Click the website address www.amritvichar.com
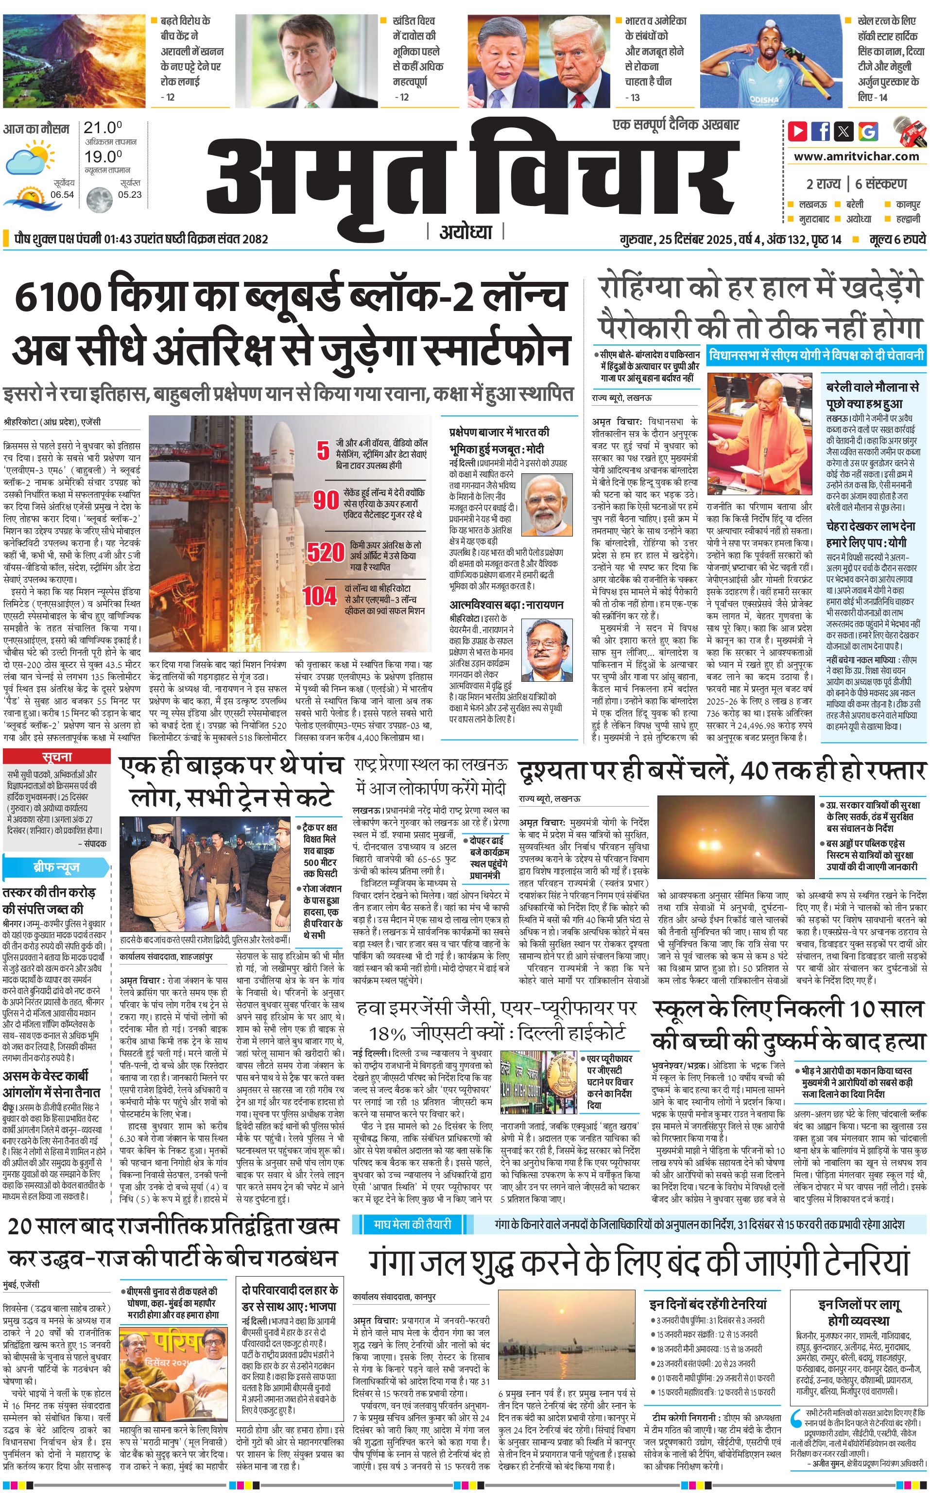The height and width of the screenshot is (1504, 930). pos(856,156)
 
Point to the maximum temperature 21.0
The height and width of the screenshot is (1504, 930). pos(103,128)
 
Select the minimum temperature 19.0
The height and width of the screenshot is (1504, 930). pos(103,157)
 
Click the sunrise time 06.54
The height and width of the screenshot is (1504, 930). pos(62,194)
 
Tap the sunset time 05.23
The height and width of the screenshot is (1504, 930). pos(130,194)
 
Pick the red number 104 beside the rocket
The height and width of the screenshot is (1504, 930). pos(319,595)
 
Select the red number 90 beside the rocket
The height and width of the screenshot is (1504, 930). pos(326,500)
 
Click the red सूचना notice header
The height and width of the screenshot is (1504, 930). pos(57,757)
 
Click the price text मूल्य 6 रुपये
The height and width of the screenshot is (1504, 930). pos(897,239)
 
